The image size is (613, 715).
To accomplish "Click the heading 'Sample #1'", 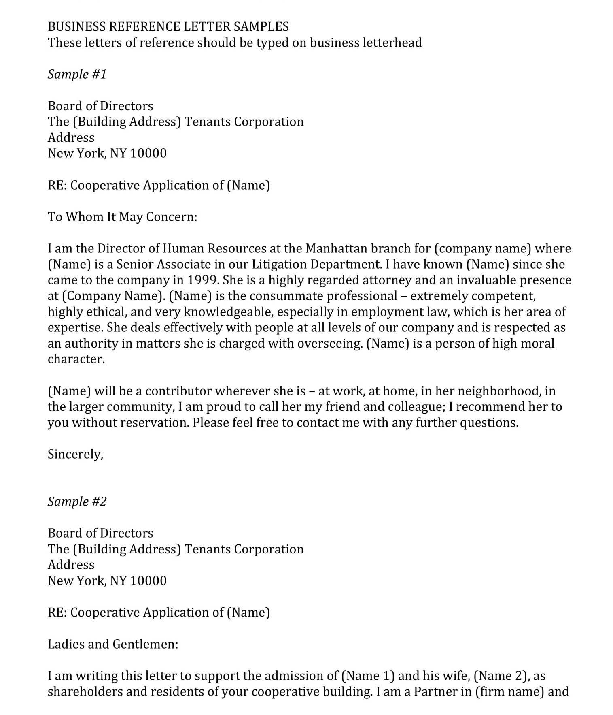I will (77, 74).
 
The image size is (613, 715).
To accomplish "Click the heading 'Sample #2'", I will (77, 502).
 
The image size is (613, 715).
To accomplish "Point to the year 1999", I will (203, 280).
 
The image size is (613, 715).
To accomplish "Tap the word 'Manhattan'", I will (336, 248).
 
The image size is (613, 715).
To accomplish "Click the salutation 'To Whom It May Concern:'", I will (122, 217).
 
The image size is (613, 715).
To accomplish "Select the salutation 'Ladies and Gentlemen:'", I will (113, 644).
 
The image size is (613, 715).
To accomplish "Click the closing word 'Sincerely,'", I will (75, 454).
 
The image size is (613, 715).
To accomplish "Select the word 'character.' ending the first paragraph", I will (76, 359).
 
